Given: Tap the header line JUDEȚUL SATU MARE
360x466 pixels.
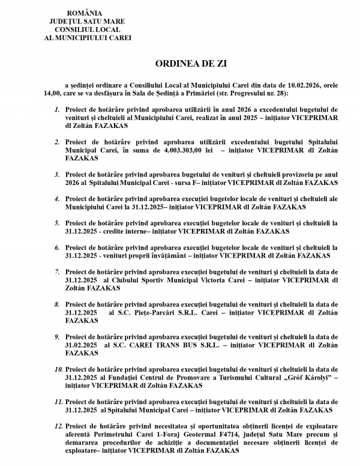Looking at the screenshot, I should coord(83,21).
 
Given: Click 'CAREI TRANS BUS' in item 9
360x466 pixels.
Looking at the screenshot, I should coord(152,345).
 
